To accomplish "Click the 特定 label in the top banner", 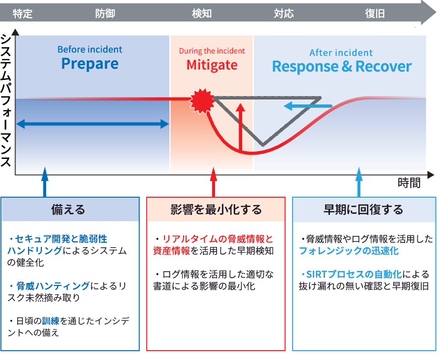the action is (23, 13).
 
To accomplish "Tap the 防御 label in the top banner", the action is (105, 13).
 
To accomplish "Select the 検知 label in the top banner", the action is (202, 13).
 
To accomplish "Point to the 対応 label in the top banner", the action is (284, 13).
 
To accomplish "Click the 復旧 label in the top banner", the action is (375, 13).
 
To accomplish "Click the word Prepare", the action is (90, 64).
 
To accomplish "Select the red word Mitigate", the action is (212, 65).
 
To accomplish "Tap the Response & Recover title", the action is (342, 67).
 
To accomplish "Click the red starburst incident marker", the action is (202, 101).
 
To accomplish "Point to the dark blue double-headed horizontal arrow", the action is (93, 124).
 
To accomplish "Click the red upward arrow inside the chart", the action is (240, 128).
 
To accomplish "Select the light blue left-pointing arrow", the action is (308, 106).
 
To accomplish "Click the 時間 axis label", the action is (409, 183).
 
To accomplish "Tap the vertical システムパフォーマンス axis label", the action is (6, 101).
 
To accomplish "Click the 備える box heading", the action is (68, 209).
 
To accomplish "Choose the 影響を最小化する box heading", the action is (216, 209).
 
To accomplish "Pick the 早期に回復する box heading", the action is (363, 209).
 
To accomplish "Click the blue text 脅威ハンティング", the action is (53, 286).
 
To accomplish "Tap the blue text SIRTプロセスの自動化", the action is (354, 275).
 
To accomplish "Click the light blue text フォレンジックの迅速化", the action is (349, 251).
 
